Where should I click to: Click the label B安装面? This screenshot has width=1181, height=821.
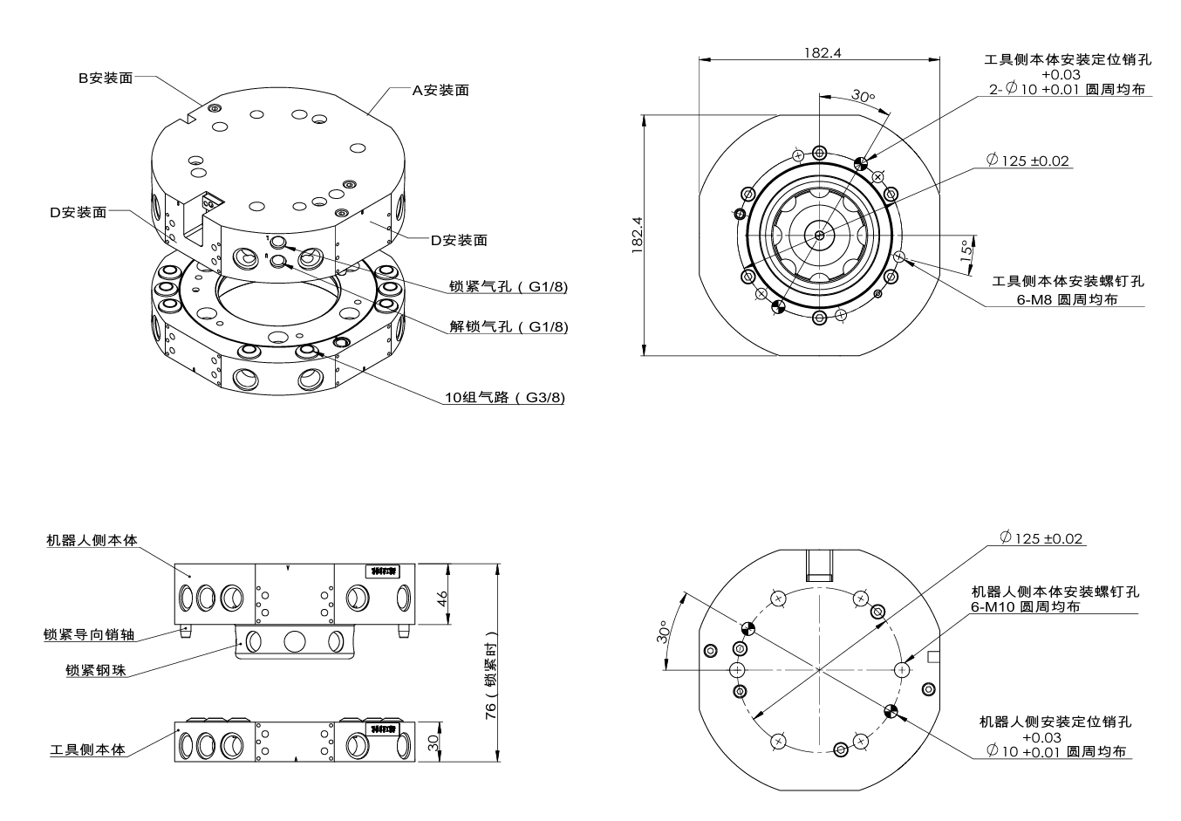pos(106,78)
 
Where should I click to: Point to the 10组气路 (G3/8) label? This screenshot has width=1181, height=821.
pos(505,398)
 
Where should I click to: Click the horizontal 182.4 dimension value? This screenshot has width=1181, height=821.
pos(822,52)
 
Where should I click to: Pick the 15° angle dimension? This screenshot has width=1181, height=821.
pos(966,253)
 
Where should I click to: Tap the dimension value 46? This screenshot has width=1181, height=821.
pos(441,598)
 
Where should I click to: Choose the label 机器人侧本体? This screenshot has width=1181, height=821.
pos(92,540)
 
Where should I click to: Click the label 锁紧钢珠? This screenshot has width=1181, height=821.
pos(95,670)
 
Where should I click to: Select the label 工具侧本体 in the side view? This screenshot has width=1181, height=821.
pos(87,749)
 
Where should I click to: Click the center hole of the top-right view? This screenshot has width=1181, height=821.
pos(819,235)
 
